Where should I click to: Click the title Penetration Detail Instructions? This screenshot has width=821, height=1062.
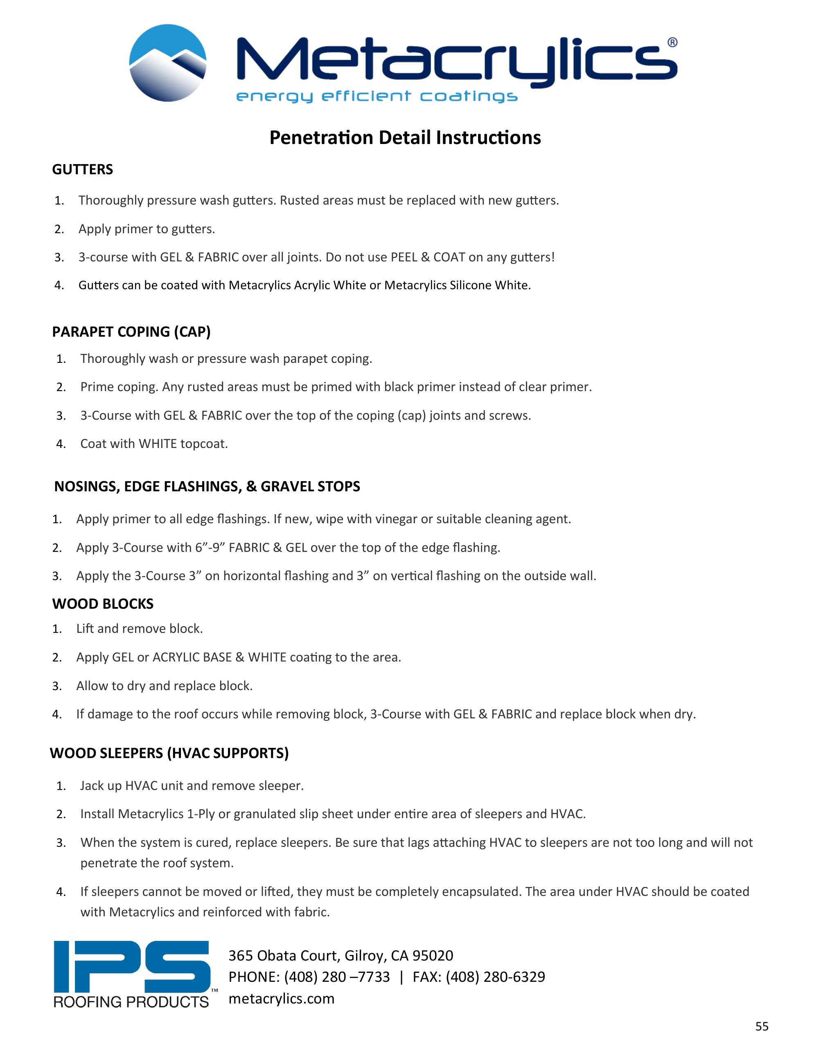coord(405,137)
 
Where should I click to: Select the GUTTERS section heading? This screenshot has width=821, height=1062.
coord(82,169)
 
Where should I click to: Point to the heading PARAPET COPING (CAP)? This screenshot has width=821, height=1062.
coord(131,332)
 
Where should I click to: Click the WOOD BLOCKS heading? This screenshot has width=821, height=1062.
coord(103,603)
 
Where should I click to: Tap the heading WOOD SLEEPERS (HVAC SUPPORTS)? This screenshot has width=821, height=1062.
coord(169,753)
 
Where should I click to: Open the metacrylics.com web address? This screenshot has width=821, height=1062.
coord(281,998)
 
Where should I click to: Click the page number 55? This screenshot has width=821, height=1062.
coord(762,1026)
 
